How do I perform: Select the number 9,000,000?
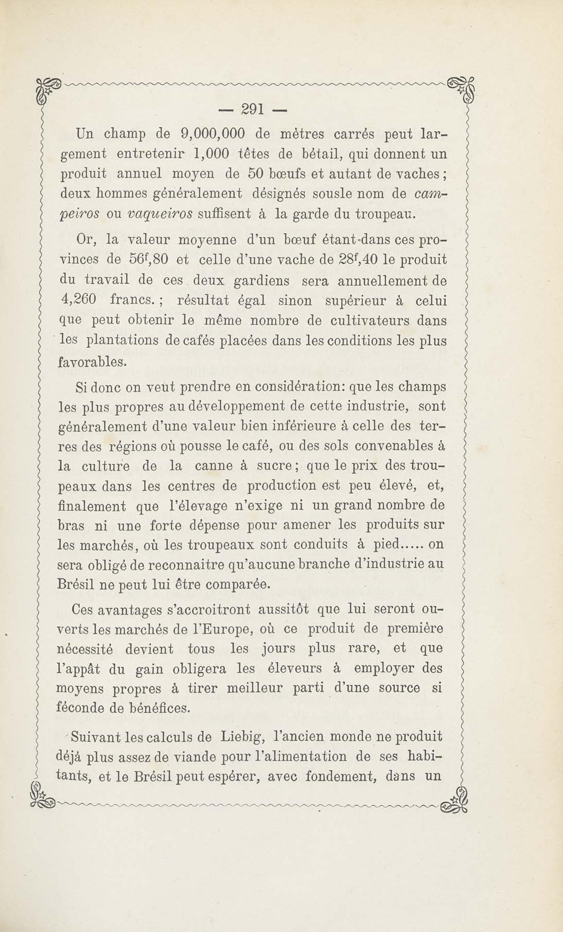[213, 134]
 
